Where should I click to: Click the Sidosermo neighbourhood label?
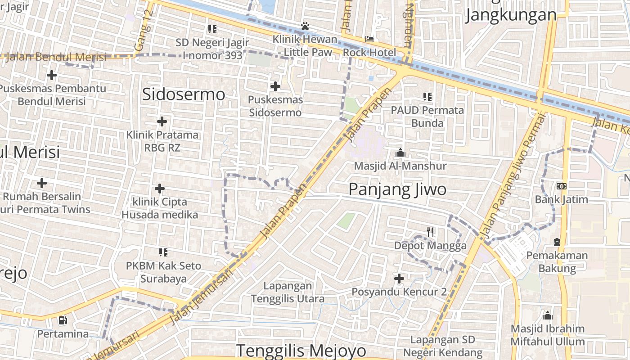pos(184,94)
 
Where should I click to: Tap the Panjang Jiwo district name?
pos(397,189)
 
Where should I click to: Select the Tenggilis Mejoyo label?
pos(301,350)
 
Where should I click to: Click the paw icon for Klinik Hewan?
pos(305,27)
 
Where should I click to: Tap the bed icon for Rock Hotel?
pos(369,40)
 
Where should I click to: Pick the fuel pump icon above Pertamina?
pos(63,321)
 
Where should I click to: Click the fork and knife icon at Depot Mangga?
pos(430,232)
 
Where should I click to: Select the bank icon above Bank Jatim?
pos(562,186)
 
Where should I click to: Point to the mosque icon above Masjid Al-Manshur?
pos(400,153)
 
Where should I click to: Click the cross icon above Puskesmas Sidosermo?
pos(275,86)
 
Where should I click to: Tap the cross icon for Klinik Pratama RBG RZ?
pos(162,121)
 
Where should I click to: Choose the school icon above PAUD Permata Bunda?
pos(427,96)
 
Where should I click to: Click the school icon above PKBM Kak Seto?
pos(163,252)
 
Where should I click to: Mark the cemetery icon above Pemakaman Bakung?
pos(557,242)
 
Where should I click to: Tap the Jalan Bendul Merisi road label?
pos(57,57)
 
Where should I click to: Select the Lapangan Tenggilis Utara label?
pos(288,292)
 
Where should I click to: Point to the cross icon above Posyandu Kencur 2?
pos(399,279)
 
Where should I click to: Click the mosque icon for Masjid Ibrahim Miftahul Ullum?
pos(548,315)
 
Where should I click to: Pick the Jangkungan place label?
pos(511,15)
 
